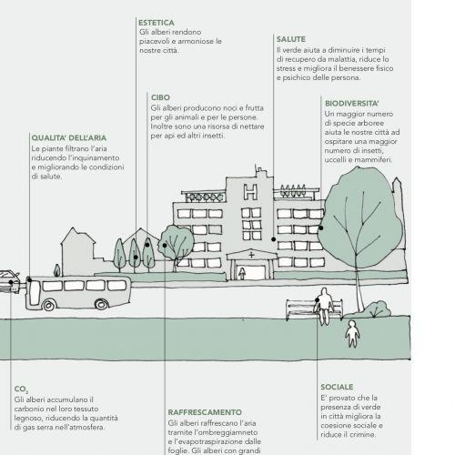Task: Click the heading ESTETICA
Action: click(x=157, y=23)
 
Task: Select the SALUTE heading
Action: click(x=291, y=39)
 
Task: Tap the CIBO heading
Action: click(x=160, y=97)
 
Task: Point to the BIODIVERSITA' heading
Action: click(x=352, y=104)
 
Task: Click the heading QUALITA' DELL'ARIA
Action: click(x=69, y=137)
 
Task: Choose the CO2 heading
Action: click(x=21, y=389)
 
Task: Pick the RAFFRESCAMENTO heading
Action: click(x=205, y=412)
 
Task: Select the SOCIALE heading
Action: click(x=337, y=387)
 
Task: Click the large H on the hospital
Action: click(x=251, y=192)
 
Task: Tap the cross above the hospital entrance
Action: click(x=251, y=255)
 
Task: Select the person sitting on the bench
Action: click(x=324, y=306)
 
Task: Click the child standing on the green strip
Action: click(x=352, y=334)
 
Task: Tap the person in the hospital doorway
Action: click(x=242, y=273)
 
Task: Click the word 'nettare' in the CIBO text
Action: click(x=252, y=126)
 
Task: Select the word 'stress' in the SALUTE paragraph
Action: click(x=286, y=68)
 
